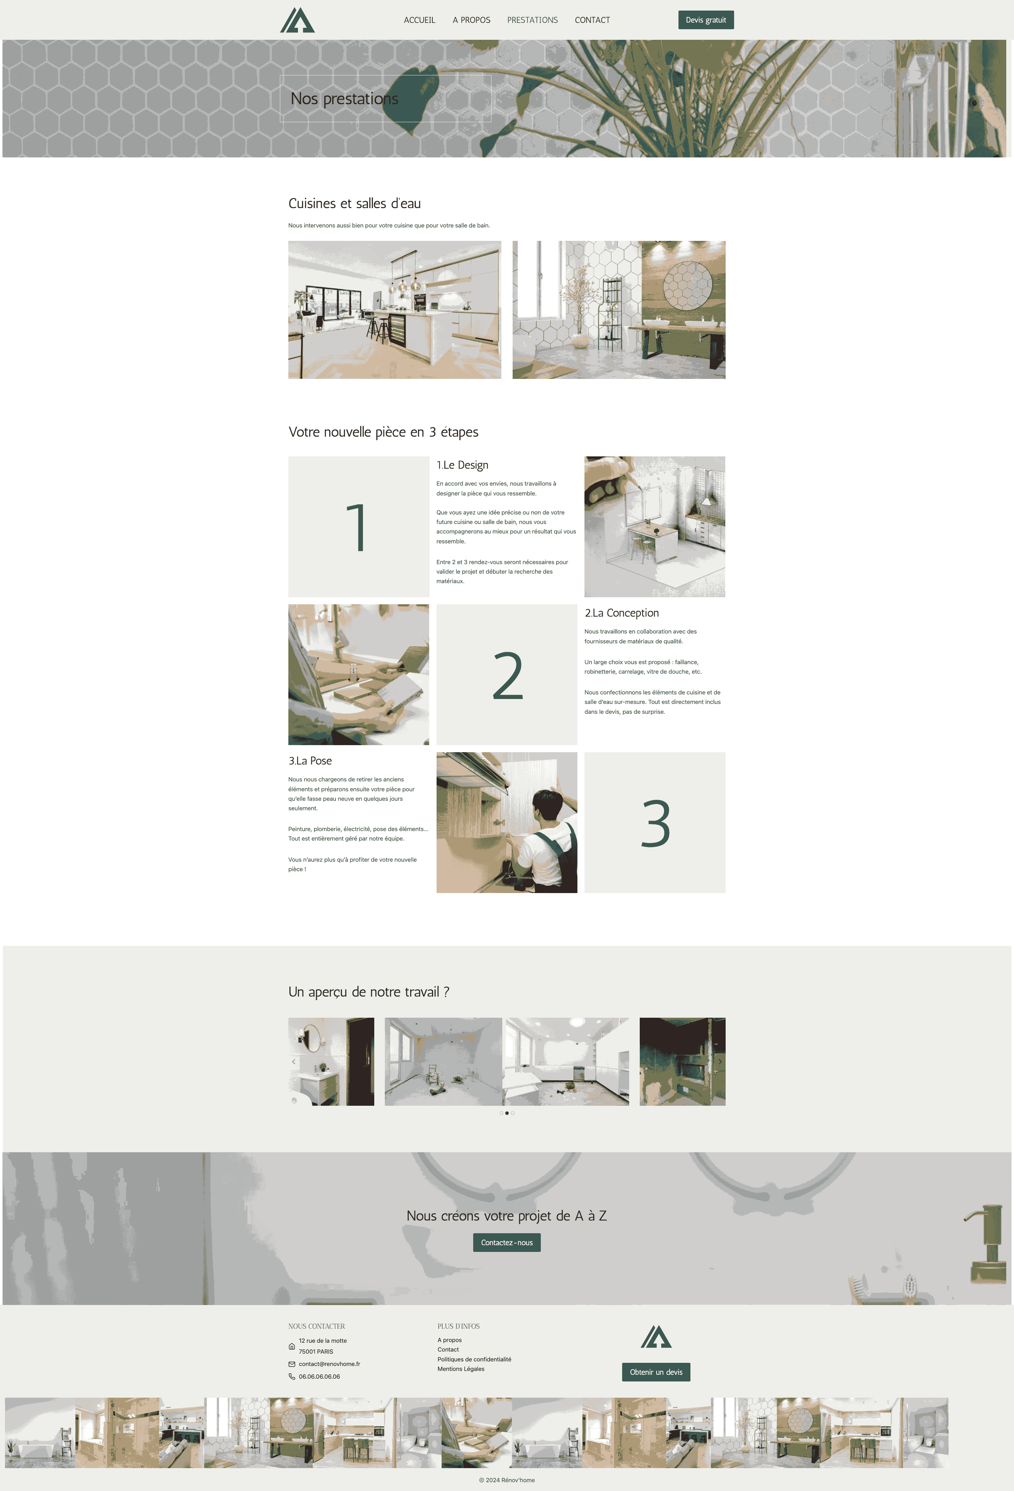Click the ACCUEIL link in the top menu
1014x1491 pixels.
tap(419, 20)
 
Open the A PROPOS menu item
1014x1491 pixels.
tap(471, 20)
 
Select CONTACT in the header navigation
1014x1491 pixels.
tap(592, 20)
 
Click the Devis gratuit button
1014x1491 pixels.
tap(706, 20)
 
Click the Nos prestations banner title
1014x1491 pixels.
tap(344, 99)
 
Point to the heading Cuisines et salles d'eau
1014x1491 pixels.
tap(355, 204)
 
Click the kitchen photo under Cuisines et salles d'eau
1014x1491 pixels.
tap(394, 310)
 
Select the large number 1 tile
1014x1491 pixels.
tap(358, 527)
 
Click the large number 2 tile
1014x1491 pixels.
tap(507, 674)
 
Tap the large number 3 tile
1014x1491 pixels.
tap(655, 823)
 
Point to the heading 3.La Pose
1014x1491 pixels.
tap(310, 761)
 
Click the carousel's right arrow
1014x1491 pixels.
tap(720, 1062)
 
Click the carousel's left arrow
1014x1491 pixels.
tap(294, 1062)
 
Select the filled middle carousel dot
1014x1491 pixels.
tap(507, 1113)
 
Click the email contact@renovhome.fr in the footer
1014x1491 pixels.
tap(329, 1364)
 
